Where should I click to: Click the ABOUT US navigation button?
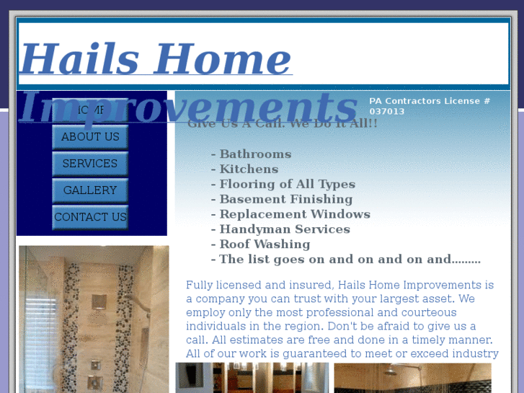click(x=90, y=136)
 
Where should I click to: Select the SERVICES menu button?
click(x=90, y=164)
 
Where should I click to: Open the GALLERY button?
click(x=90, y=190)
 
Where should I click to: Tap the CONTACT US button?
click(x=90, y=217)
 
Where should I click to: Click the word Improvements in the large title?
click(x=187, y=107)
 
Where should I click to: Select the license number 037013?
click(x=387, y=112)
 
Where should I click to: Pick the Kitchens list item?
click(x=249, y=169)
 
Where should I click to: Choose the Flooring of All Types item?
click(x=287, y=185)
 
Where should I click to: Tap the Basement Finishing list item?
click(x=285, y=200)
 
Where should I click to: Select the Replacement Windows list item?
click(x=294, y=215)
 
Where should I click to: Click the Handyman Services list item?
click(x=284, y=230)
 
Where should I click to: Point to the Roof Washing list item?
click(x=264, y=244)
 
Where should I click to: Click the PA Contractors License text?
click(x=429, y=101)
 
